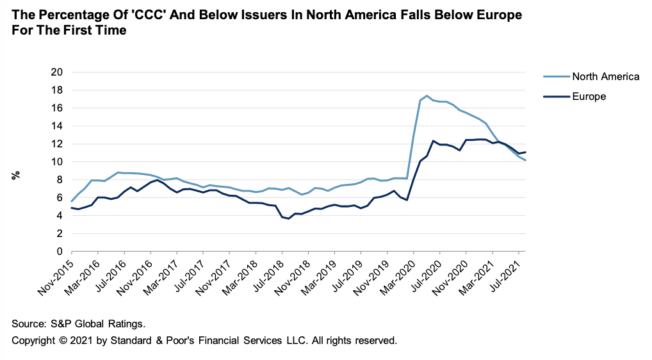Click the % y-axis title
[15, 175]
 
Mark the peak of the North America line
[427, 95]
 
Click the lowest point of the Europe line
[289, 218]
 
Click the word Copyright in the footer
[34, 340]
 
